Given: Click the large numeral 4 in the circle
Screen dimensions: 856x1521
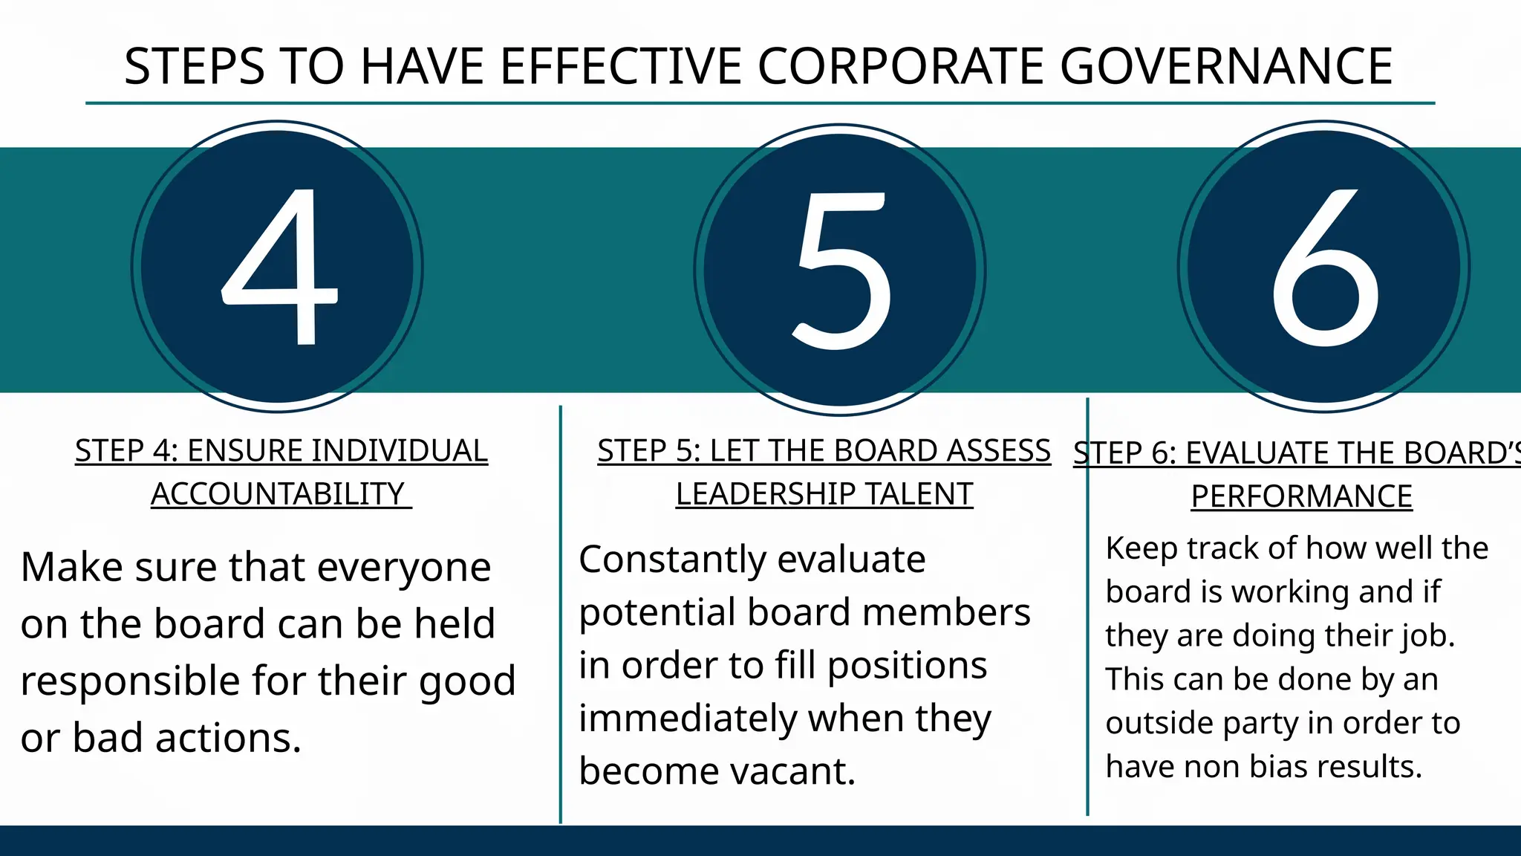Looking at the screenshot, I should pos(281,267).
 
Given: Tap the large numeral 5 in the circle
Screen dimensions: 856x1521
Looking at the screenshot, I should pos(842,270).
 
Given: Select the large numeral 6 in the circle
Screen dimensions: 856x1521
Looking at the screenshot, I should pos(1326,267).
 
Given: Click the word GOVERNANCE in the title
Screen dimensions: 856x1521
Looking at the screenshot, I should pos(1225,67).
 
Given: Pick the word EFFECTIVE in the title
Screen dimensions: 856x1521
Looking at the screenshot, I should pos(620,67).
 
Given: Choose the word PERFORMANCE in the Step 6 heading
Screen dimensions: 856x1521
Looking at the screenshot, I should pos(1301,497).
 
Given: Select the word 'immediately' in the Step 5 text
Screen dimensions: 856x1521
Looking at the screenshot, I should pos(687,719).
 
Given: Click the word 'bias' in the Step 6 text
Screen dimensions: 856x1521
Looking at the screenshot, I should pos(1277,767).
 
